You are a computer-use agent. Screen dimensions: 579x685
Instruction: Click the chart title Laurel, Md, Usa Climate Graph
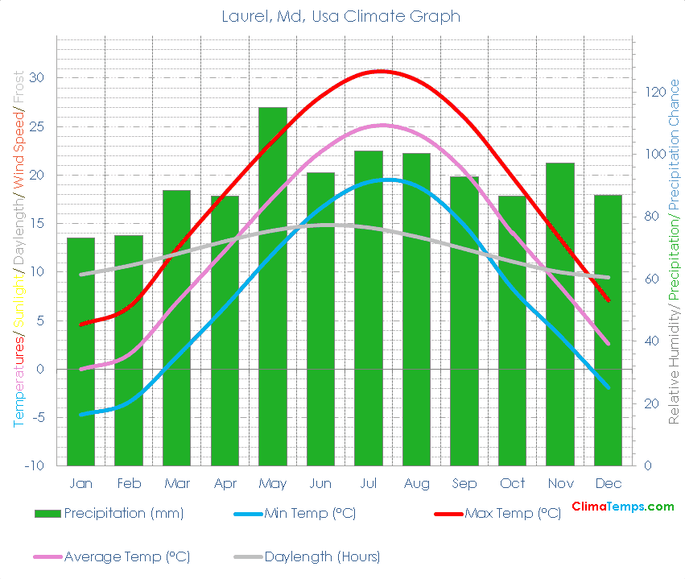click(342, 16)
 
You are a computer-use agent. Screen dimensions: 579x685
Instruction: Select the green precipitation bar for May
click(273, 290)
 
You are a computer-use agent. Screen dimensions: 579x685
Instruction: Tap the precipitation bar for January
click(80, 354)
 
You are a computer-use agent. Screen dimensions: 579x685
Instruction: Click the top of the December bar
click(608, 196)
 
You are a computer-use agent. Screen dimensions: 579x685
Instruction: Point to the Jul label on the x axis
click(369, 483)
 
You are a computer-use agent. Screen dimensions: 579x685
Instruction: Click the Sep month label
click(464, 483)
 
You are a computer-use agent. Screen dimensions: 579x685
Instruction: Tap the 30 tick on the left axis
click(37, 78)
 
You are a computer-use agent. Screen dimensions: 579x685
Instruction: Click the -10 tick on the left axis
click(34, 466)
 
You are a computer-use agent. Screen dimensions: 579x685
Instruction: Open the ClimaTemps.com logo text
click(622, 507)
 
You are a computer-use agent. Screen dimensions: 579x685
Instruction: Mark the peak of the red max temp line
click(381, 71)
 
